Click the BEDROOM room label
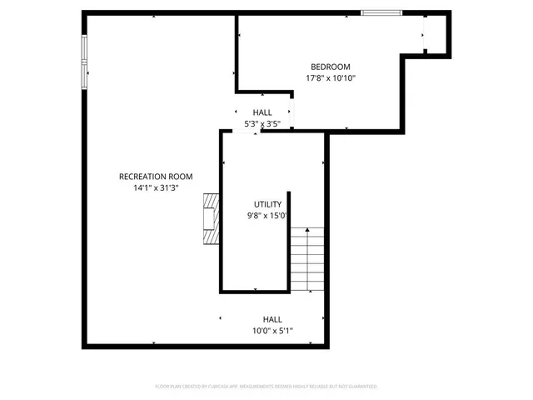(x=331, y=67)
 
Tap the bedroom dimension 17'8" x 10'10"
(x=331, y=79)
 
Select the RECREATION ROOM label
(x=156, y=177)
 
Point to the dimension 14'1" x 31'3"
(x=156, y=187)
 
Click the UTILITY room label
(x=267, y=204)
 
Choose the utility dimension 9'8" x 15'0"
(x=267, y=216)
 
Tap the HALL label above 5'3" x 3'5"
(x=262, y=112)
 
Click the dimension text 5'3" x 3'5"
(x=262, y=124)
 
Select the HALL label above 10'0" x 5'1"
(x=272, y=319)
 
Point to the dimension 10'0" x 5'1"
(x=272, y=331)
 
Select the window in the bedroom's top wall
(x=381, y=12)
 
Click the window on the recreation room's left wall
(x=84, y=62)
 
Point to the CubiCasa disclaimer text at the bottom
(x=266, y=387)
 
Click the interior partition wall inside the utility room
(x=287, y=218)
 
